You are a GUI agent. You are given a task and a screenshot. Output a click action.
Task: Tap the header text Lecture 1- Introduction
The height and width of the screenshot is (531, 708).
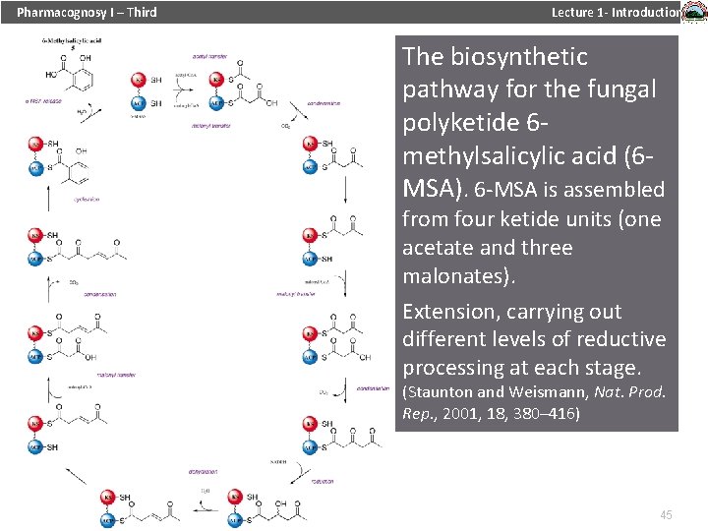coord(616,12)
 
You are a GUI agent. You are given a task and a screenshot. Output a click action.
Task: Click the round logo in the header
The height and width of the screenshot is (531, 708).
coord(693,13)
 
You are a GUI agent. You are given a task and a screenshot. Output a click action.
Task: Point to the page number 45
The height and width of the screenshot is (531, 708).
coord(666,515)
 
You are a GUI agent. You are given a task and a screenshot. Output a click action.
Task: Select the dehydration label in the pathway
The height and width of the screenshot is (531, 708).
coord(204,471)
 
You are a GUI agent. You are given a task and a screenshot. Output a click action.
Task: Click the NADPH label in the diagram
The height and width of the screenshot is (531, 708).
coord(279,461)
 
